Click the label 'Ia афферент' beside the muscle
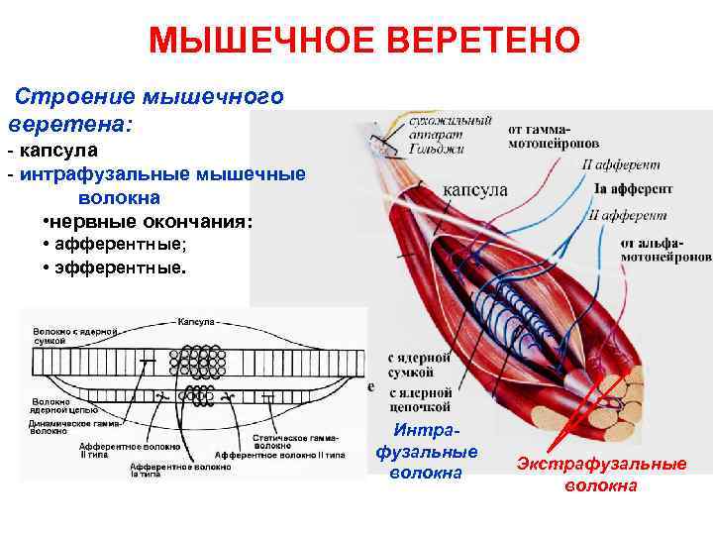(633, 188)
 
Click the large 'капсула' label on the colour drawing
(476, 190)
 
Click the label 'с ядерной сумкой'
(410, 366)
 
